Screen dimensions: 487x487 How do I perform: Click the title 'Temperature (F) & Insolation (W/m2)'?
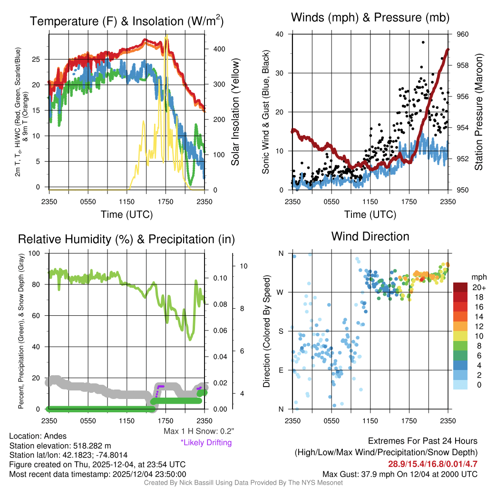tap(127, 21)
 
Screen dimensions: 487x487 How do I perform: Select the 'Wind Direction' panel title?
tap(370, 236)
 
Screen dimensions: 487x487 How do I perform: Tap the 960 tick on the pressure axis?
tap(463, 34)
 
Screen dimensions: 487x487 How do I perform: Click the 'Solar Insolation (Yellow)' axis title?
tap(235, 112)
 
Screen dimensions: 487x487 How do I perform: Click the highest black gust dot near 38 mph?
tap(423, 42)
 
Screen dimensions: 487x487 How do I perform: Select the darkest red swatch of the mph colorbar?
tap(461, 287)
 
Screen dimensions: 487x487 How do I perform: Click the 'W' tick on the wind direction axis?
tap(281, 292)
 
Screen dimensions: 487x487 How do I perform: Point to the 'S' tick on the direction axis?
tap(281, 331)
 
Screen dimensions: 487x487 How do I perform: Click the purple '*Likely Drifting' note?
tap(205, 442)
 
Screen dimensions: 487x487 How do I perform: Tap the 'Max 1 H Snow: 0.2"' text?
tap(198, 431)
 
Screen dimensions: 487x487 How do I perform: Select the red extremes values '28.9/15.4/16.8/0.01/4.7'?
tap(433, 464)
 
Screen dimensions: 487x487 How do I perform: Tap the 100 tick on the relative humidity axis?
tap(35, 253)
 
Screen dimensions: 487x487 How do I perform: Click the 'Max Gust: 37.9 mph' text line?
tap(399, 474)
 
